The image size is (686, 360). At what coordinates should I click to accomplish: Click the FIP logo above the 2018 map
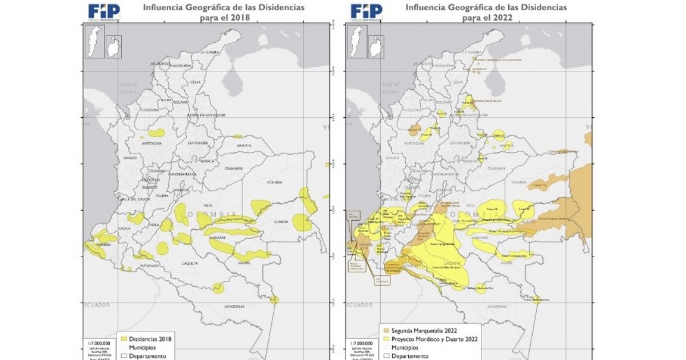tap(103, 11)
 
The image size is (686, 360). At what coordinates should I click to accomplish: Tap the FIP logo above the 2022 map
tap(366, 11)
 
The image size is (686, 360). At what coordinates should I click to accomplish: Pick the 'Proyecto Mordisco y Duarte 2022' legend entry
tap(425, 339)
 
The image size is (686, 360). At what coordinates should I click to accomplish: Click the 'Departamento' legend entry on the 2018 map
tap(147, 355)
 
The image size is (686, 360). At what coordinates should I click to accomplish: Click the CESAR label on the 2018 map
tap(195, 82)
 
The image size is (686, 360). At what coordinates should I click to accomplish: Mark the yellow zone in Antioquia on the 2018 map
tap(156, 133)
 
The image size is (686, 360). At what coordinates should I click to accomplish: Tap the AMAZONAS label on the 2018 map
tap(233, 307)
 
